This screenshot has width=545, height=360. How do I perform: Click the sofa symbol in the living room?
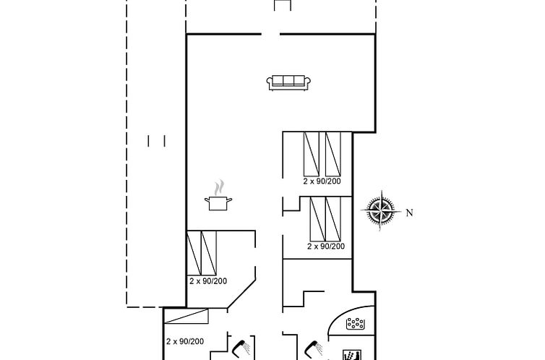[289, 82]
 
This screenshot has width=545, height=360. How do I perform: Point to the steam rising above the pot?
[220, 186]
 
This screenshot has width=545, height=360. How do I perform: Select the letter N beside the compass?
[409, 213]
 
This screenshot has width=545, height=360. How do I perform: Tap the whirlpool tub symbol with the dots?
[357, 325]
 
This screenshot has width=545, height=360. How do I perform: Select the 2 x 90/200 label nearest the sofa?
[322, 181]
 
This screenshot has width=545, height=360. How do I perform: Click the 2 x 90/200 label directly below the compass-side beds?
[326, 247]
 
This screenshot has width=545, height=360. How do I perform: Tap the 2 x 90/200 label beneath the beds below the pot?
[208, 280]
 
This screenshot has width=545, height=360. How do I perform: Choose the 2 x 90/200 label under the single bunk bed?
[185, 341]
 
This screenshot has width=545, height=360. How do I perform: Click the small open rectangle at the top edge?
[283, 6]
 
